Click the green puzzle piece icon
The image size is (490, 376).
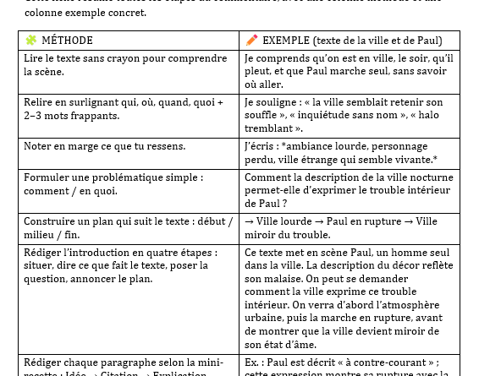[x=31, y=40]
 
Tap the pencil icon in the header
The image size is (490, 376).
[x=252, y=40]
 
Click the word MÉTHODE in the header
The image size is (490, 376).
[x=67, y=41]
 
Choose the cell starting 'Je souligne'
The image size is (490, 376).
[x=350, y=115]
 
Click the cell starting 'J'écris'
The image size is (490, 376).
[x=350, y=153]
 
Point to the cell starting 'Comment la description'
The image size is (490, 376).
[x=350, y=190]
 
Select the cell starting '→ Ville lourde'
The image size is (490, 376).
[x=350, y=227]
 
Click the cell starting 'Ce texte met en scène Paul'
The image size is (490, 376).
[x=350, y=298]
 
